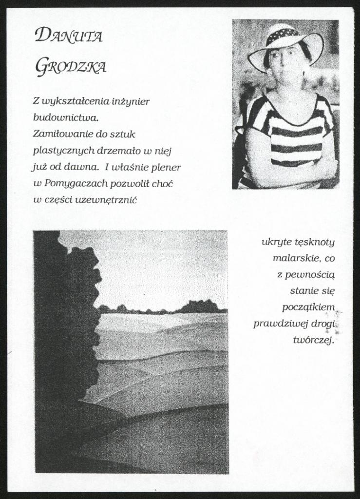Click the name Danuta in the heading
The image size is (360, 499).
tap(69, 36)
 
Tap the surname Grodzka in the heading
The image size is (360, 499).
tap(71, 66)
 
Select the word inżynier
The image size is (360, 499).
tap(131, 101)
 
